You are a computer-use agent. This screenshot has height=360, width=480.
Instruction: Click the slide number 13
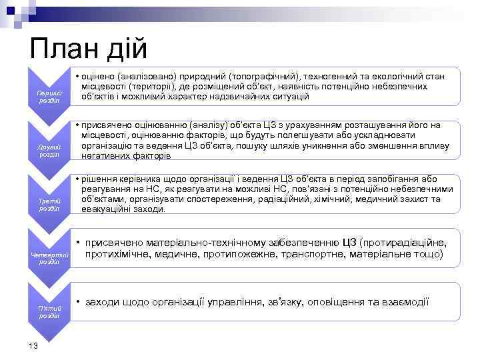33,345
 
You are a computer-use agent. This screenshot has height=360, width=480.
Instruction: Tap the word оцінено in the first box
100,77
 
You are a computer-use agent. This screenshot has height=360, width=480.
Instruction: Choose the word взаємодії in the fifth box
405,302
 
